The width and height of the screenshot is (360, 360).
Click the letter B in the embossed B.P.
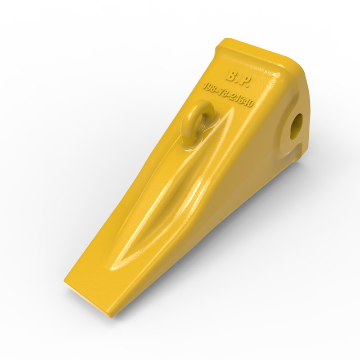click(232, 76)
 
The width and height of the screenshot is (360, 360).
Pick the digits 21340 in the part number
click(241, 101)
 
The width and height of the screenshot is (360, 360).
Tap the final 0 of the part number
click(250, 105)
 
